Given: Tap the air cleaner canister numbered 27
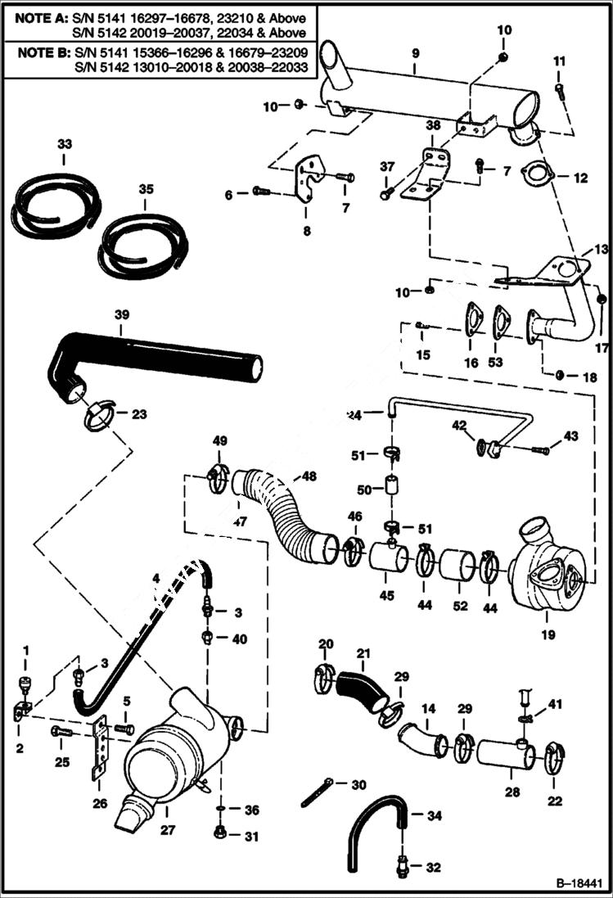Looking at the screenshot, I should (x=176, y=749).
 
